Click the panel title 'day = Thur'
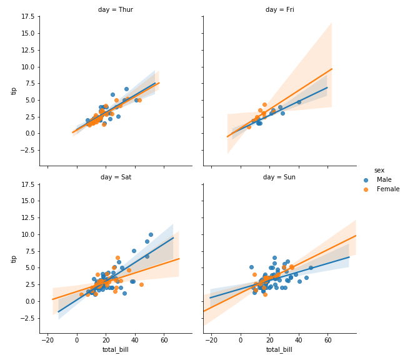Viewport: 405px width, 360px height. click(x=116, y=9)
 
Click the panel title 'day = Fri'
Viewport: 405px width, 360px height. click(x=279, y=9)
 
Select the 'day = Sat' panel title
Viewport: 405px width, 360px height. click(x=116, y=177)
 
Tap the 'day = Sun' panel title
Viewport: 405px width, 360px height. click(x=279, y=177)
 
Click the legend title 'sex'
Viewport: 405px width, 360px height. click(x=379, y=170)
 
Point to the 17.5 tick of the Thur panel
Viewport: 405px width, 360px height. click(x=28, y=17)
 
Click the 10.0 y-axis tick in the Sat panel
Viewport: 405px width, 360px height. click(x=28, y=234)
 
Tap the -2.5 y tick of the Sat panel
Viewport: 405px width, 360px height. click(x=27, y=318)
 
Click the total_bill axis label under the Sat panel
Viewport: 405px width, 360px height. click(x=116, y=350)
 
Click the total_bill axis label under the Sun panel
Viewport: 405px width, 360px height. click(x=279, y=350)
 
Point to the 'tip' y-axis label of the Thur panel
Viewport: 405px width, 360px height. click(x=14, y=91)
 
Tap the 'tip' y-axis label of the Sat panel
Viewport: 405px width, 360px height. click(x=14, y=258)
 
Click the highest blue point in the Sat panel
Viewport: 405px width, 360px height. click(x=151, y=234)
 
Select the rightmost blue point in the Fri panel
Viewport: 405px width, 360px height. click(x=299, y=102)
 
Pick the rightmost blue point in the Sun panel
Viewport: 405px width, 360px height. click(x=311, y=267)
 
